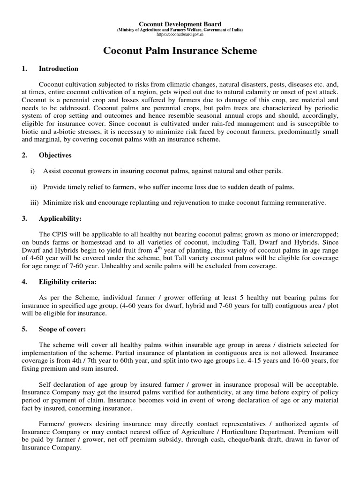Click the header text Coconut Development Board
pyautogui.click(x=180, y=24)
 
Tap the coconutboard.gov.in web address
pyautogui.click(x=180, y=35)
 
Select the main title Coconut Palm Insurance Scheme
pyautogui.click(x=180, y=51)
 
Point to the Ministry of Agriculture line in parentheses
pyautogui.click(x=180, y=30)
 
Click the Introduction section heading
pyautogui.click(x=59, y=69)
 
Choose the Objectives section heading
pyautogui.click(x=55, y=155)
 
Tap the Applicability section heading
pyautogui.click(x=60, y=218)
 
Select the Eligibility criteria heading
pyautogui.click(x=68, y=282)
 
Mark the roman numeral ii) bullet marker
pyautogui.click(x=33, y=187)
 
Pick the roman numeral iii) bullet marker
pyautogui.click(x=33, y=202)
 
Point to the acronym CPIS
pyautogui.click(x=60, y=234)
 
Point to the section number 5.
pyautogui.click(x=23, y=329)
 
